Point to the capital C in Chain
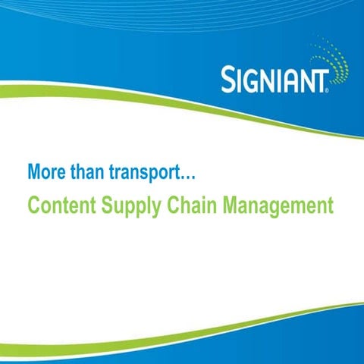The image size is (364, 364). point(172,205)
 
